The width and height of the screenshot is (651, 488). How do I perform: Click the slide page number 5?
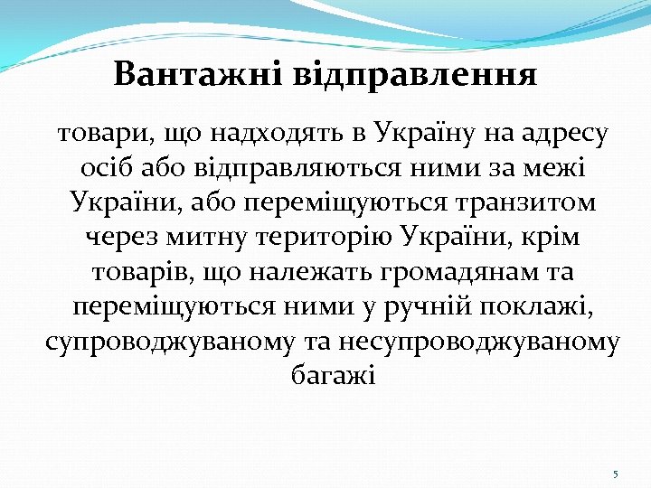615,474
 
